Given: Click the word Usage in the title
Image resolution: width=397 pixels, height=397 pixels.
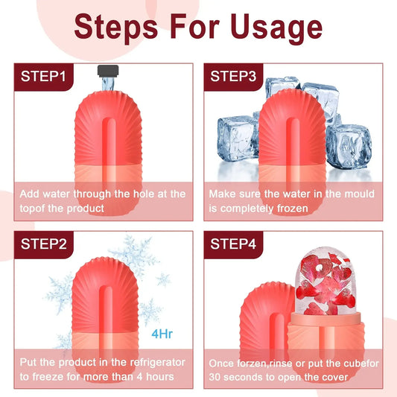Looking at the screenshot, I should tap(270, 28).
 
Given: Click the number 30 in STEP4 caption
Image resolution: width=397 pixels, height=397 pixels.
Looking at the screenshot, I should tap(216, 377).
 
